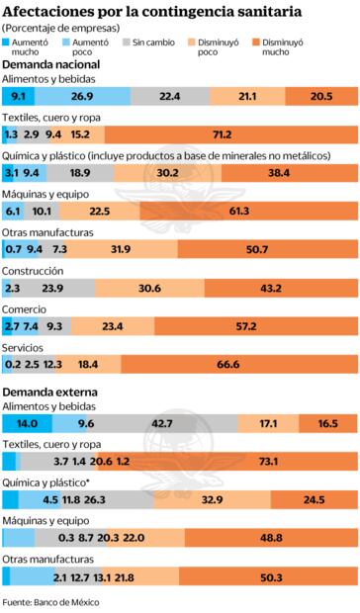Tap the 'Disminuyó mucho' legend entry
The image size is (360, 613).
[283, 47]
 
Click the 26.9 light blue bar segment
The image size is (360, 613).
[82, 96]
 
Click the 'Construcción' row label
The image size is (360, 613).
[33, 270]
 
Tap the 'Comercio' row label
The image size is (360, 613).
[27, 308]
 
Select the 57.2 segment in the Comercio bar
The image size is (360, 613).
[254, 326]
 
